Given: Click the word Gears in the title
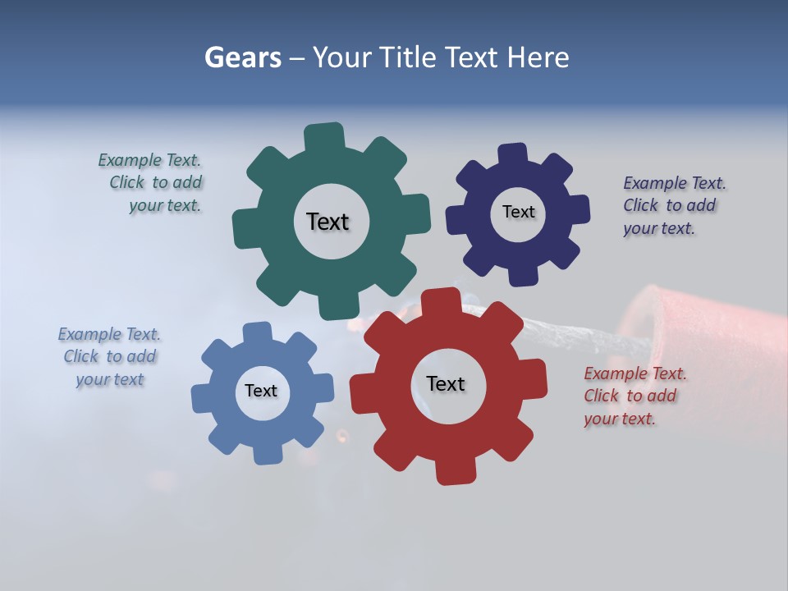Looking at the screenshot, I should [x=242, y=57].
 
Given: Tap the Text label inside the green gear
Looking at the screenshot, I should [x=328, y=222].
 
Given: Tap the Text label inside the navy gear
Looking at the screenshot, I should [x=519, y=212].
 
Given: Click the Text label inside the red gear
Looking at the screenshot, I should [x=446, y=384].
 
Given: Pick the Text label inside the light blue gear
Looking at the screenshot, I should [x=261, y=391].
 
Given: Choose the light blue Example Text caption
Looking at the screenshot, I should [x=109, y=356].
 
